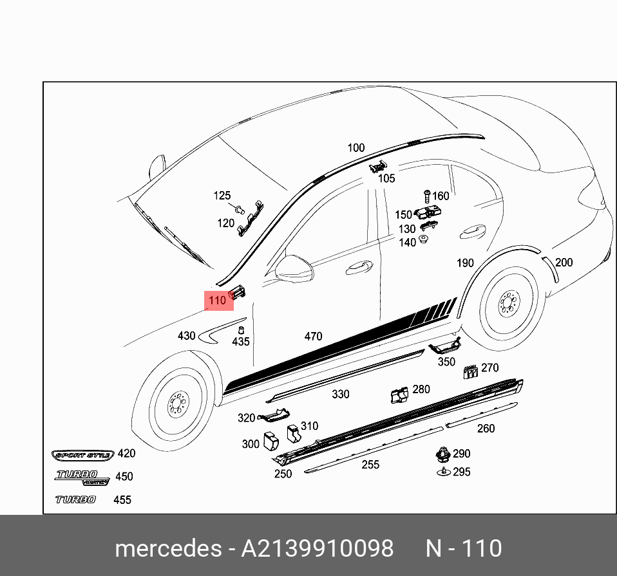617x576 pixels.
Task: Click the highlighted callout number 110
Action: point(218,301)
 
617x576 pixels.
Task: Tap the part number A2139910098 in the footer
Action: point(317,548)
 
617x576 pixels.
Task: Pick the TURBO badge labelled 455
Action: point(75,499)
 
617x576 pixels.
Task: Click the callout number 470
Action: point(313,337)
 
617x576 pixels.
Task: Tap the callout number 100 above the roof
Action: point(356,148)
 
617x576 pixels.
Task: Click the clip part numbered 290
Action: point(442,454)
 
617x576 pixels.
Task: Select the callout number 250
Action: point(283,474)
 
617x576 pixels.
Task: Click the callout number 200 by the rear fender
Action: point(564,263)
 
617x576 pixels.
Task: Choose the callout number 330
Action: point(340,395)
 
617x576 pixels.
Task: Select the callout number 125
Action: point(222,196)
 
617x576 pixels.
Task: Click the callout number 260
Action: point(486,429)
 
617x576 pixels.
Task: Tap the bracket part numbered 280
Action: point(400,394)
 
